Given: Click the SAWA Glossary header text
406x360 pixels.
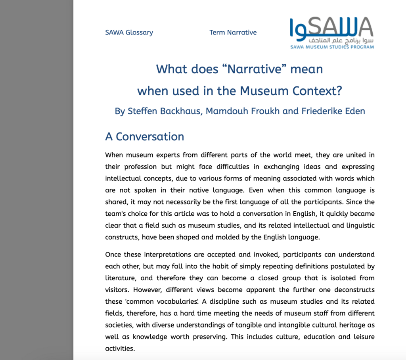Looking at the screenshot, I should (x=129, y=33).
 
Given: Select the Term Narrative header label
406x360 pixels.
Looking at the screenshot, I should (x=233, y=33).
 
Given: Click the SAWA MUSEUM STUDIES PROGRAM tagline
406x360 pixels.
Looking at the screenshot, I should (x=332, y=47).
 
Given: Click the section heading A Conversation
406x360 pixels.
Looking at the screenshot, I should (x=144, y=136).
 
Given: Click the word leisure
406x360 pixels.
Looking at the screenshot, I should (x=362, y=337).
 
